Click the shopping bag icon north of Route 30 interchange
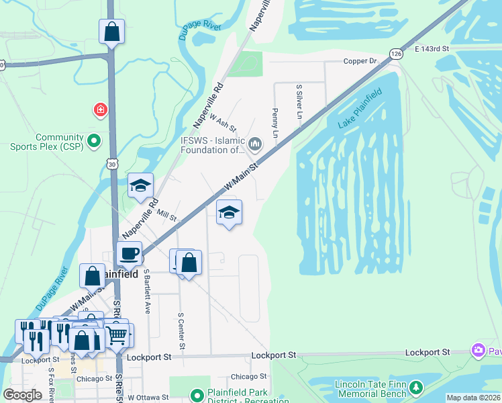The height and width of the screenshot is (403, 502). click(x=111, y=32)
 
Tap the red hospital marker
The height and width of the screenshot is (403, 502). click(x=101, y=109)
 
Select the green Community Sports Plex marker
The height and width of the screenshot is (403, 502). click(x=94, y=140)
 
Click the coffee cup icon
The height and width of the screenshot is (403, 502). click(x=129, y=254)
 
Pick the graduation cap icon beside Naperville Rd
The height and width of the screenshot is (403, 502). click(x=140, y=186)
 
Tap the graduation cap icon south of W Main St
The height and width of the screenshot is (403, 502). click(x=229, y=212)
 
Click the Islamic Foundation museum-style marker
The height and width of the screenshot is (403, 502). click(x=255, y=142)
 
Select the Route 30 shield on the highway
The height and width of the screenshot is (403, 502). click(x=111, y=163)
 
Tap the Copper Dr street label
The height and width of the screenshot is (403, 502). click(x=361, y=61)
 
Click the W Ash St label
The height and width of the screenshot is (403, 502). click(x=223, y=122)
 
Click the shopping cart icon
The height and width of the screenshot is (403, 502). click(x=117, y=334)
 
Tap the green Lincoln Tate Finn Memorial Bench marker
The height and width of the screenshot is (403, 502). click(x=416, y=388)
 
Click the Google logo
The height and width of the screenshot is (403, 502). click(x=22, y=395)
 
